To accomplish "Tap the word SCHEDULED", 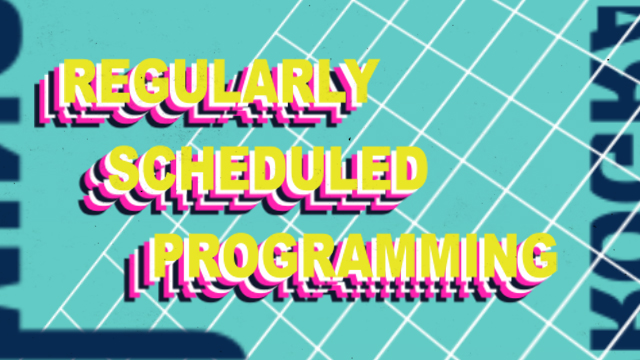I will pos(265,170).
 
